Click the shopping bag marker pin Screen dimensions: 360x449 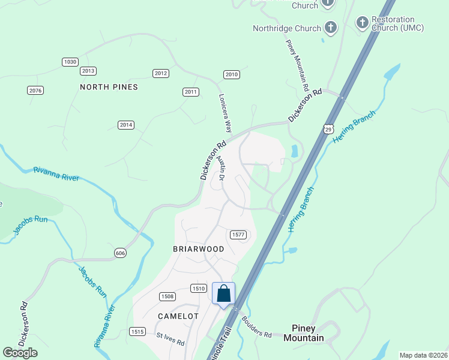coord(223,295)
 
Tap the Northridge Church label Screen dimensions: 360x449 coord(286,28)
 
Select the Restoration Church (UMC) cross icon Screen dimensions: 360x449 coord(362,23)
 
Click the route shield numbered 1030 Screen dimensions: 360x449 coord(70,62)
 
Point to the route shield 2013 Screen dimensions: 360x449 coord(88,71)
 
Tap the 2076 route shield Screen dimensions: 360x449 coord(35,90)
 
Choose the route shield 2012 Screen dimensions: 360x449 coord(160,73)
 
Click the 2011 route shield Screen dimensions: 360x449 coord(191,92)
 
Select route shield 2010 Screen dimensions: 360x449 coord(232,74)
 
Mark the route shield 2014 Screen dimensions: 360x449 coord(125,125)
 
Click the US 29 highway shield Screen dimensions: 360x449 coord(328,129)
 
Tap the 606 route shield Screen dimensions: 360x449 coord(120,254)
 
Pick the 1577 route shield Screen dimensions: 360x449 coord(238,234)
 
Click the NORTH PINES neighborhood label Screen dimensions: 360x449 coord(109,87)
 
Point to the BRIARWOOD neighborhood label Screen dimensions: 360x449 coord(199,249)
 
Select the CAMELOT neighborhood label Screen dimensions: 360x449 coord(178,316)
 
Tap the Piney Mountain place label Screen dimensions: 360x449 coord(308,333)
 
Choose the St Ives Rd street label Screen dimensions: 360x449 coord(170,340)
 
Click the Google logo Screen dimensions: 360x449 coord(20,353)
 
